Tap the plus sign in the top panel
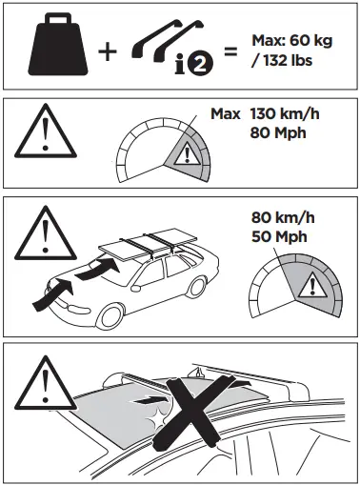click(x=110, y=50)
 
